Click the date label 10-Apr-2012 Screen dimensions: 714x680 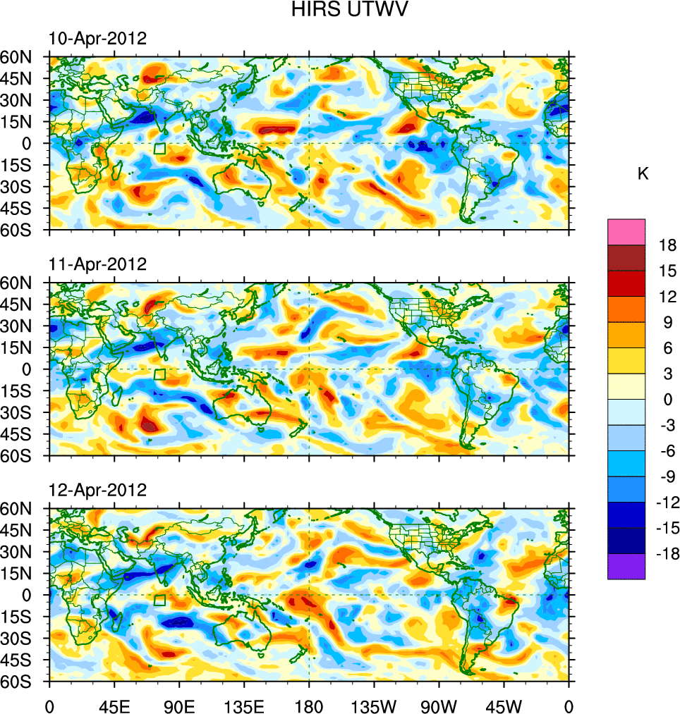click(97, 39)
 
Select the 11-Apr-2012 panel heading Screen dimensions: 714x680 click(97, 264)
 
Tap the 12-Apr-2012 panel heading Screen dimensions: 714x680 click(97, 490)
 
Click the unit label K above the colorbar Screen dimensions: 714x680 click(643, 174)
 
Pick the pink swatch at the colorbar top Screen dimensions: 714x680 click(626, 231)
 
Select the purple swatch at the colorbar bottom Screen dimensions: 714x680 click(626, 566)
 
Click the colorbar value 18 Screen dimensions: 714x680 click(667, 245)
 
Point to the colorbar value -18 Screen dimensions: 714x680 click(667, 554)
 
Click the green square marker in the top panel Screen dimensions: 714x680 click(159, 149)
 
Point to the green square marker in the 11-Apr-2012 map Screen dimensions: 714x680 click(159, 374)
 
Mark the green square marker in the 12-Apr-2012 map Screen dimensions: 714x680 click(159, 600)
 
